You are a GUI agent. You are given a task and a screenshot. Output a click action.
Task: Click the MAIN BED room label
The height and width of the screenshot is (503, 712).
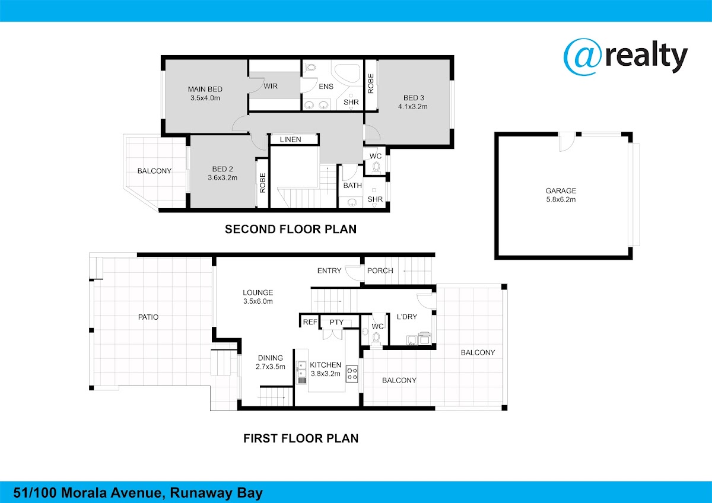click(x=205, y=90)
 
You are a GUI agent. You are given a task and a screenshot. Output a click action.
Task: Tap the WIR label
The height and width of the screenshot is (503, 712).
click(x=271, y=86)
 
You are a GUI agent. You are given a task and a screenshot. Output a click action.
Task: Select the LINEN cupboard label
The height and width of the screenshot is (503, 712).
click(x=291, y=139)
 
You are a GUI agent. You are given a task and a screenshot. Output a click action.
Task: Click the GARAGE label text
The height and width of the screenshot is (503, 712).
click(x=561, y=190)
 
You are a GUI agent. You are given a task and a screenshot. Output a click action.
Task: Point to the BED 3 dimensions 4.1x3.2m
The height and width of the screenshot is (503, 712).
click(x=413, y=106)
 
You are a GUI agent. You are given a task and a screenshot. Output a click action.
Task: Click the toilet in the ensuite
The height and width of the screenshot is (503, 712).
click(x=309, y=68)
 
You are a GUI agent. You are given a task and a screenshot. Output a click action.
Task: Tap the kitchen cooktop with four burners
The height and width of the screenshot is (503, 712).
click(x=352, y=373)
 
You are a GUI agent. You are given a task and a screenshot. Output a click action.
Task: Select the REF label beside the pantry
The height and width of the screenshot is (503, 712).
click(x=310, y=322)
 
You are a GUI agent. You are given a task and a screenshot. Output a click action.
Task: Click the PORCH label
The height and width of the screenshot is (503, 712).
click(x=380, y=270)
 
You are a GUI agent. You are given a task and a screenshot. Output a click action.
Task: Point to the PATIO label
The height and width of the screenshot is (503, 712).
click(x=148, y=317)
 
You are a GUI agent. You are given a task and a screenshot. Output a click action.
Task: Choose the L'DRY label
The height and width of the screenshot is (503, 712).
click(x=407, y=317)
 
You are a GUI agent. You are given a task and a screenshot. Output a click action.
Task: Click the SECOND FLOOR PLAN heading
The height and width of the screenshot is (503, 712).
click(x=291, y=229)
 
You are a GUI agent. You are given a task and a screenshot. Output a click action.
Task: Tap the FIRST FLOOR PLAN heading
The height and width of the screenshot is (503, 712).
click(x=301, y=438)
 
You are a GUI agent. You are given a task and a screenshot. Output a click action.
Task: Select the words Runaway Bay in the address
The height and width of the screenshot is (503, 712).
click(x=216, y=493)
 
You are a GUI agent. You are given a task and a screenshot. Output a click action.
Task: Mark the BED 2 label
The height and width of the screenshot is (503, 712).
click(x=223, y=169)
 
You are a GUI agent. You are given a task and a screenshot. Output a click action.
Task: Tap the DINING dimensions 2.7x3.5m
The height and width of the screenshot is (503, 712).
click(x=270, y=367)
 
